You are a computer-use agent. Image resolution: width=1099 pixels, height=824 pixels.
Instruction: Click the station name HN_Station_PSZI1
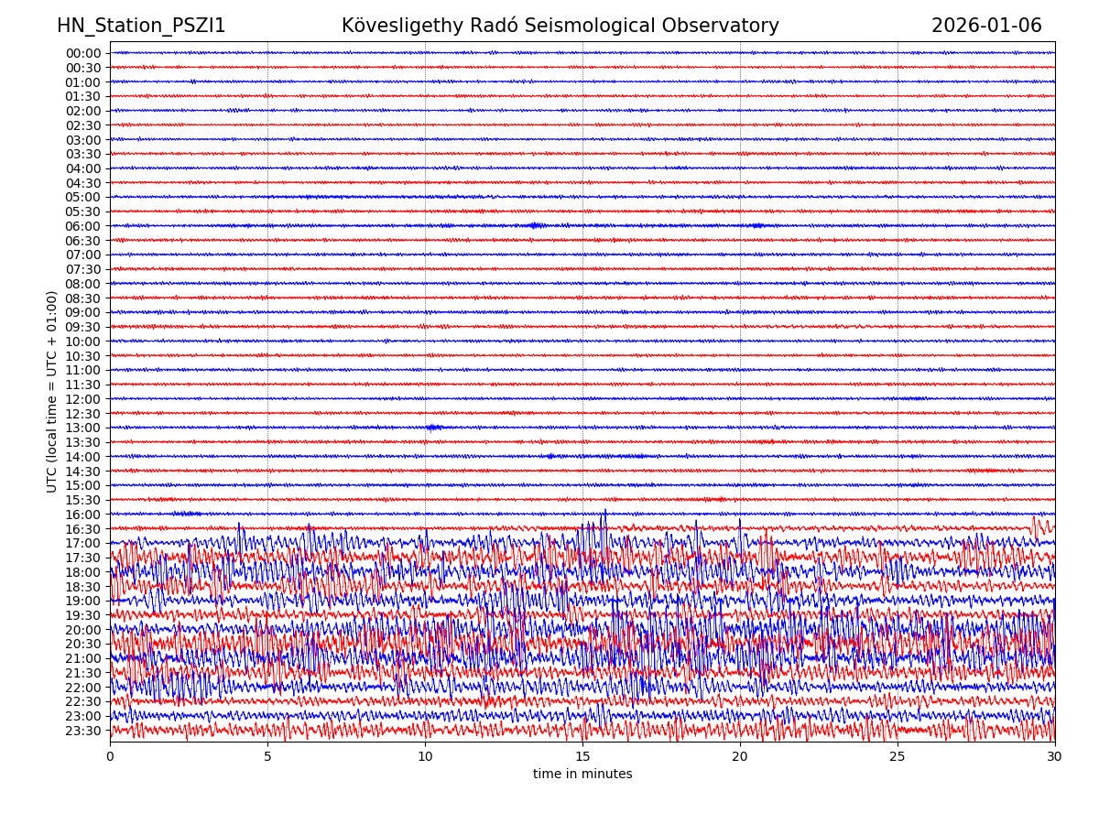tap(141, 27)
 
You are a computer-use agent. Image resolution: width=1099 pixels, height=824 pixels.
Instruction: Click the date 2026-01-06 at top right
tap(986, 27)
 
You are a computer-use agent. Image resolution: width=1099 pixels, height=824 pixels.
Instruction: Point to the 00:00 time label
tap(83, 53)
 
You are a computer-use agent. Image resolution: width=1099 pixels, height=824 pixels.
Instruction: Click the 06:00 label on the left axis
tap(83, 226)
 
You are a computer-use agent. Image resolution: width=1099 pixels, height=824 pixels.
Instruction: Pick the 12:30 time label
tap(83, 414)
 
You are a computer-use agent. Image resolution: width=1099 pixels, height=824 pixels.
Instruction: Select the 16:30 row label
tap(83, 529)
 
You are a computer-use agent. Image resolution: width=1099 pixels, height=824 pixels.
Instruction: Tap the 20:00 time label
tap(83, 630)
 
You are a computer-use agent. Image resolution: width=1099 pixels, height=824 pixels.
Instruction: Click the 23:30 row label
tap(83, 731)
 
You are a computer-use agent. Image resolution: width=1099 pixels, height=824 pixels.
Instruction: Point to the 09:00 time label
tap(83, 312)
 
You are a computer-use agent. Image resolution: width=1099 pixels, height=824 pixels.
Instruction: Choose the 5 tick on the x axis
tap(267, 757)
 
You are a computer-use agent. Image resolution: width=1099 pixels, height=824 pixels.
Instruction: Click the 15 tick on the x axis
tap(582, 757)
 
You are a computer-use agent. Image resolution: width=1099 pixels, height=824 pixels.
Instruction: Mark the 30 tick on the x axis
tap(1055, 757)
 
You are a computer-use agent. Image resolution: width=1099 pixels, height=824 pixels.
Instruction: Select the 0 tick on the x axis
tap(110, 757)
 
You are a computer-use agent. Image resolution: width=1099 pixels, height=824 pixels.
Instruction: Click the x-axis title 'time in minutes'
tap(582, 775)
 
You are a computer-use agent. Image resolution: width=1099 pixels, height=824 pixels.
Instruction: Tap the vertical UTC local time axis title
tap(52, 391)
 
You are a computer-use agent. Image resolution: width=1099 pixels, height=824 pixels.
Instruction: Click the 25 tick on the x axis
tap(898, 757)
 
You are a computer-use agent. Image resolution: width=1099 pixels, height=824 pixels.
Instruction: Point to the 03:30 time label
tap(83, 154)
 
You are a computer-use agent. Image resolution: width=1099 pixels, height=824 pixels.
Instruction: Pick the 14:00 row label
tap(83, 457)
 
